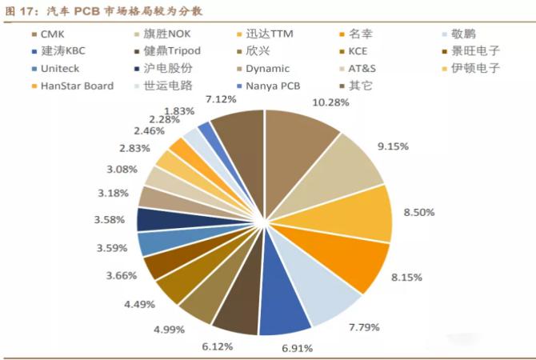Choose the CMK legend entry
coord(53,36)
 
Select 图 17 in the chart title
coord(20,10)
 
